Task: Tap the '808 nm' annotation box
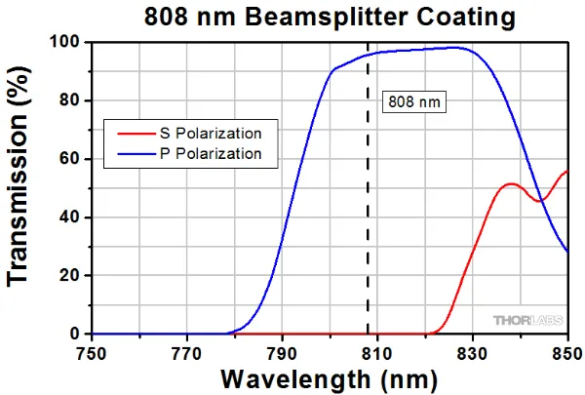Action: tap(414, 101)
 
